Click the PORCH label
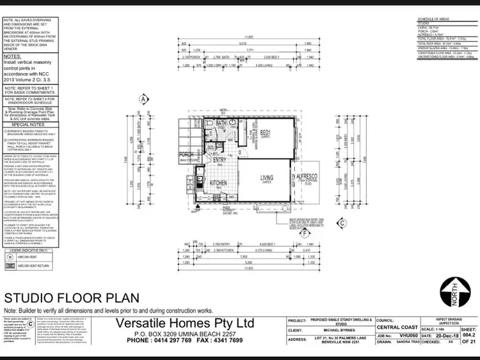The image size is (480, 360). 187,154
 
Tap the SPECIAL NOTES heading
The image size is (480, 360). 24,125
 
